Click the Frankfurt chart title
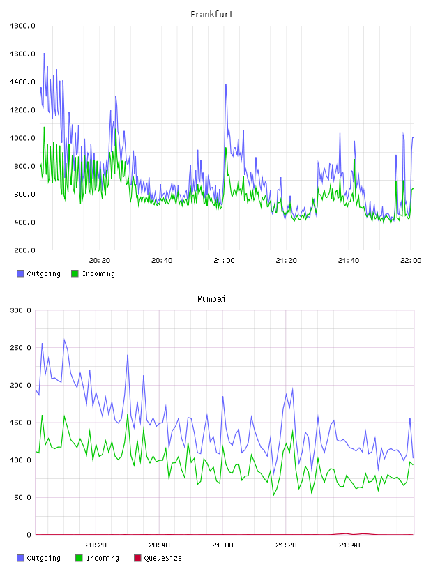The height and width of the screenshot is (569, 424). (212, 15)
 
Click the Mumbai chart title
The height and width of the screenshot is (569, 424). (211, 299)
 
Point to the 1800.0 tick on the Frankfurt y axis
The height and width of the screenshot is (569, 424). (22, 26)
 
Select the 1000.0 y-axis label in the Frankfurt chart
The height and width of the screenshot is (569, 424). (22, 138)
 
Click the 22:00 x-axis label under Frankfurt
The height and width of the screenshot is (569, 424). (411, 261)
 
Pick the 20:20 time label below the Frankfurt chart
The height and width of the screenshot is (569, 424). (100, 261)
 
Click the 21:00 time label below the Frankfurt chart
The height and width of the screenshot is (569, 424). (224, 261)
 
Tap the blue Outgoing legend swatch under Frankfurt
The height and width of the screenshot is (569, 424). (20, 273)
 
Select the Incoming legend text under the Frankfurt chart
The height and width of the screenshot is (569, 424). (98, 273)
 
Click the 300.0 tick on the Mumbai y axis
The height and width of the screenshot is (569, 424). (21, 310)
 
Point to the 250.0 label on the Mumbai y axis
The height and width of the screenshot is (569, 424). (21, 348)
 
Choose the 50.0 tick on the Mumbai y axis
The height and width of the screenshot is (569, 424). (22, 497)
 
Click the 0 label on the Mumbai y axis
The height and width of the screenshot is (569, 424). (29, 535)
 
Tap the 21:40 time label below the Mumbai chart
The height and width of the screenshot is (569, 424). (349, 545)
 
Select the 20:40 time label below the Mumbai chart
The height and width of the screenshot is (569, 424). (160, 545)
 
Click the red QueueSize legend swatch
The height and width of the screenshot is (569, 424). (137, 558)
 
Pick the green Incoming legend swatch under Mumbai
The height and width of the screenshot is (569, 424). (79, 558)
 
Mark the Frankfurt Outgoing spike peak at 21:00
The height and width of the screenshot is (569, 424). (226, 85)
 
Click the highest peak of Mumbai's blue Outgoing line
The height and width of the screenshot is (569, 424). (64, 340)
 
